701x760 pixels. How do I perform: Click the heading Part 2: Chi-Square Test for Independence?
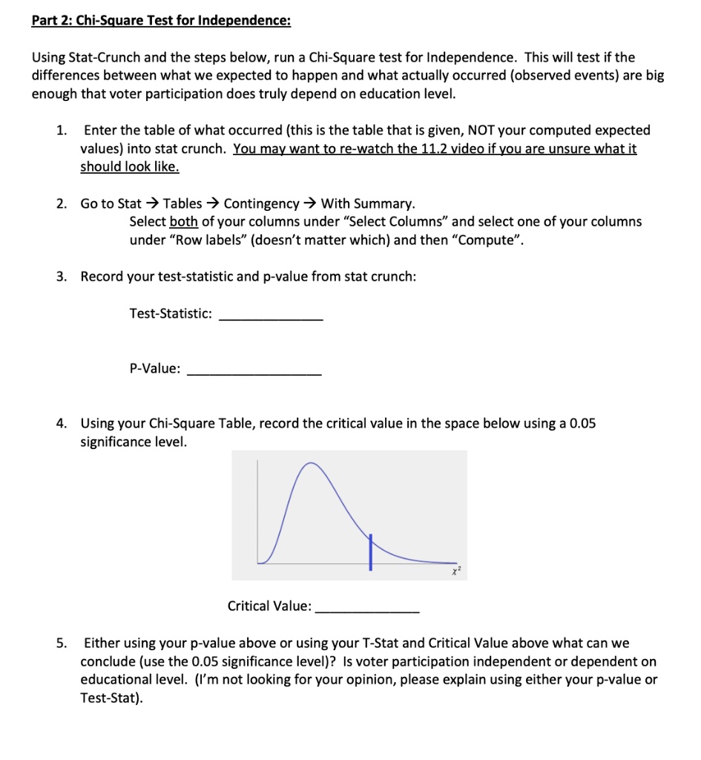click(161, 20)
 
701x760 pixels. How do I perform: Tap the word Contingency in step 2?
click(261, 203)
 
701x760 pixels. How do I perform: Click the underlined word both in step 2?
click(183, 221)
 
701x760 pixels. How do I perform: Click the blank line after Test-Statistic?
click(271, 318)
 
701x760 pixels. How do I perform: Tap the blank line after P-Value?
click(254, 373)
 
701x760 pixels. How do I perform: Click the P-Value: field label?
click(154, 368)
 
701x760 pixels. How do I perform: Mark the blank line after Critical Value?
click(367, 609)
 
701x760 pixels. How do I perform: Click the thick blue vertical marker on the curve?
click(372, 551)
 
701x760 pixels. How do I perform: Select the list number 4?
click(62, 423)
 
